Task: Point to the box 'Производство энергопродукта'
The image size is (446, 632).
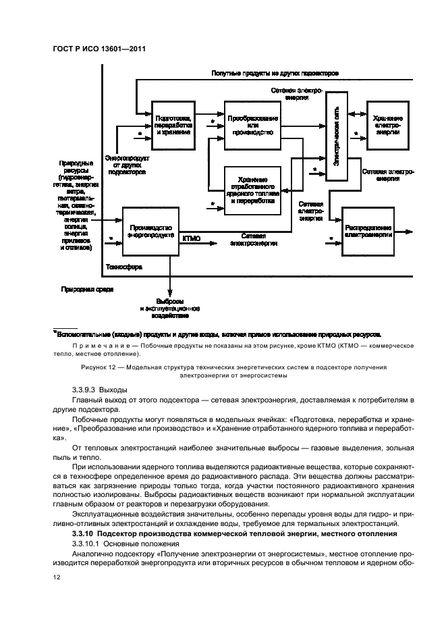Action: tap(150, 231)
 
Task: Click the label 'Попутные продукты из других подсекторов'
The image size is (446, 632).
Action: tap(275, 72)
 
